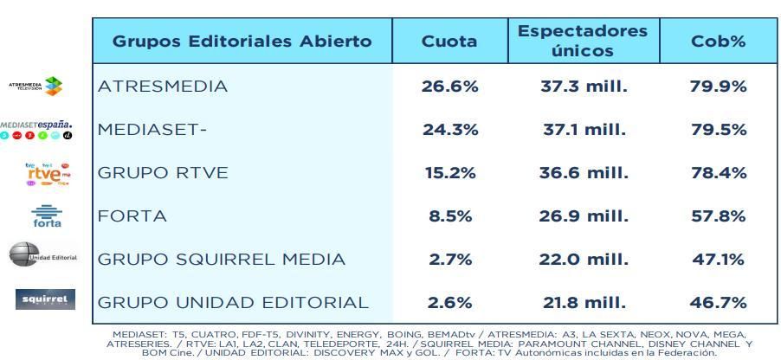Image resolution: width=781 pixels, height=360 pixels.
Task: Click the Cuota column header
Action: click(449, 42)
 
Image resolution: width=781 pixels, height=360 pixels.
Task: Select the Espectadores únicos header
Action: click(582, 42)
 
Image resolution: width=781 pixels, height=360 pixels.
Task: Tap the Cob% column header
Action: click(719, 42)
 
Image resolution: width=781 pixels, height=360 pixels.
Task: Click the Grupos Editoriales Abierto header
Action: click(242, 42)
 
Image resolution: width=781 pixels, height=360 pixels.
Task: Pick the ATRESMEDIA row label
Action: click(163, 87)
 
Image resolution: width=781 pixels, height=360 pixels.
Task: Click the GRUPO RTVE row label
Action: click(163, 173)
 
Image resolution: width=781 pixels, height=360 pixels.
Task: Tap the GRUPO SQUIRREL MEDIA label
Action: click(222, 260)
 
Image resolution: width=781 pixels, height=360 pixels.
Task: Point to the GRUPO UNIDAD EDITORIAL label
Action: click(233, 303)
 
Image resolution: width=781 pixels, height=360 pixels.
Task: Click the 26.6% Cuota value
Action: click(449, 87)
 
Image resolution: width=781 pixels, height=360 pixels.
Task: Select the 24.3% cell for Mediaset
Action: click(449, 130)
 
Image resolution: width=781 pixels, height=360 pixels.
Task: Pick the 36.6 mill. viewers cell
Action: click(582, 173)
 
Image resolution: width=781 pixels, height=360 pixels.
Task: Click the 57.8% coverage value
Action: click(719, 216)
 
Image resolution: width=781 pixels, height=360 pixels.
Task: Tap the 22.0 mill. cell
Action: click(582, 260)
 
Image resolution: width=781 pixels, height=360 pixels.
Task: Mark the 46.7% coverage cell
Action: click(719, 303)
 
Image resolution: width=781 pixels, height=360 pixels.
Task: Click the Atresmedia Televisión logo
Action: click(38, 86)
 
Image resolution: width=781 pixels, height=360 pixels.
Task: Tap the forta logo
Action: click(47, 216)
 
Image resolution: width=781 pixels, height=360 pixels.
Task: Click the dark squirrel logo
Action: click(46, 300)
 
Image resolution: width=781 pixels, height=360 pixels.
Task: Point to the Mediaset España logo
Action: click(36, 131)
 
